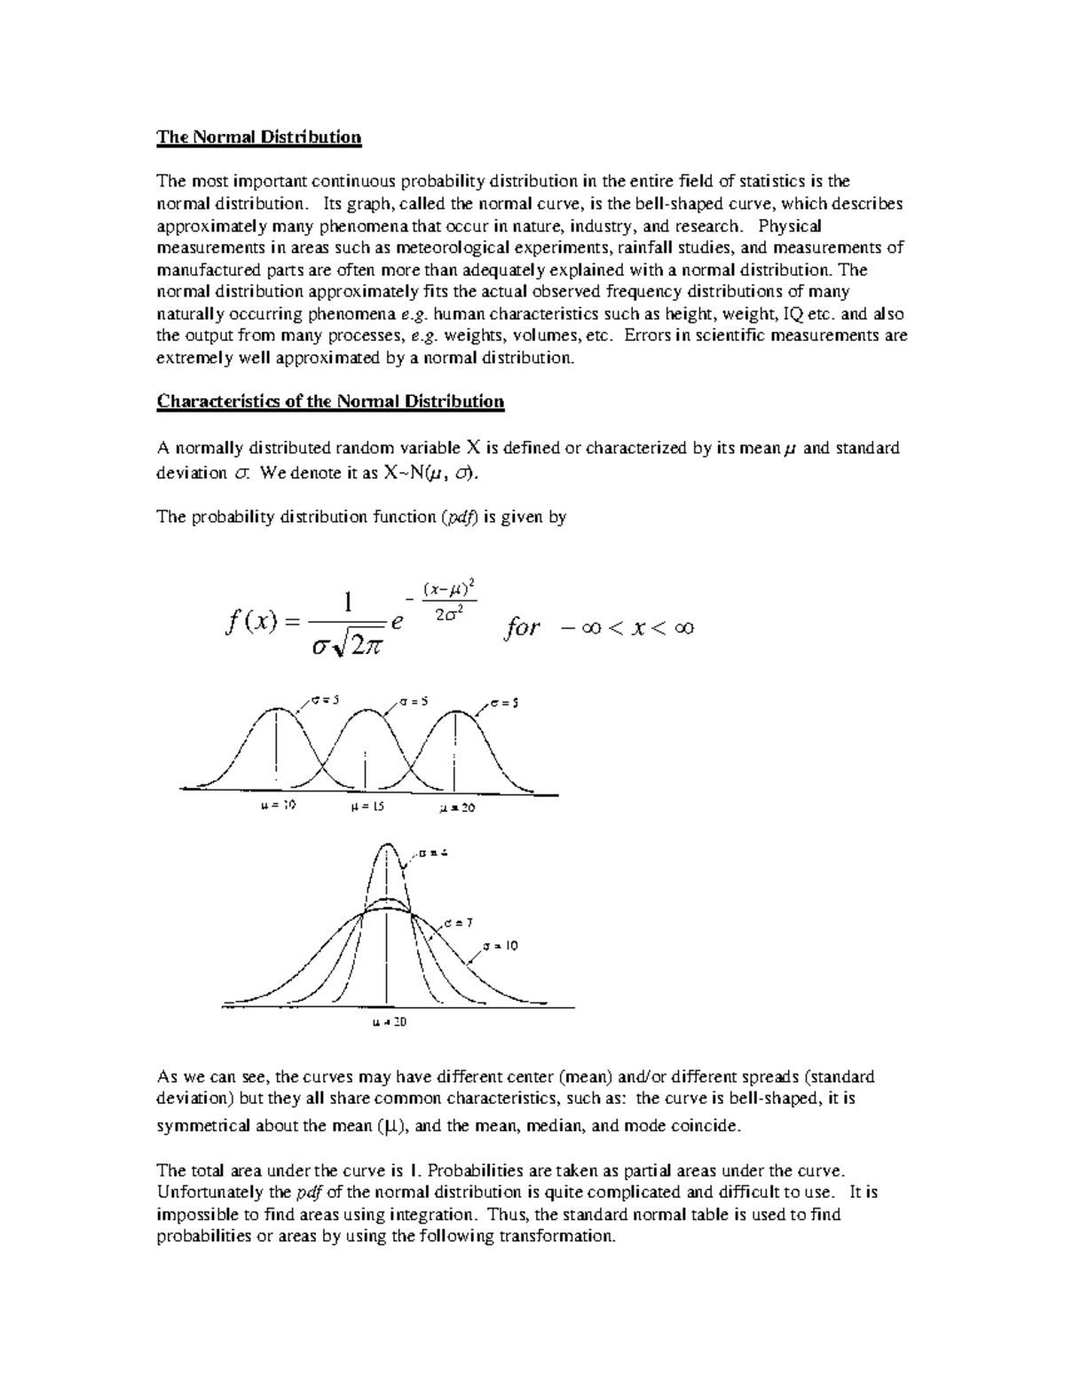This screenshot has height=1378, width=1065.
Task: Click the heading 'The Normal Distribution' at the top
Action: (x=259, y=137)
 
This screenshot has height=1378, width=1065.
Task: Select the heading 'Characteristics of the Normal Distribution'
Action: (x=330, y=401)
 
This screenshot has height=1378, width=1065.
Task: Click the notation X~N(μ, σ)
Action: (x=434, y=473)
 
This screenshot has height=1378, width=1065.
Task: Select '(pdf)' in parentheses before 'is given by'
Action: (x=460, y=517)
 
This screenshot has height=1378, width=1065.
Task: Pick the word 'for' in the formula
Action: (x=521, y=628)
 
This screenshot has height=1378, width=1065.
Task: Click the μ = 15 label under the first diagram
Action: (x=367, y=807)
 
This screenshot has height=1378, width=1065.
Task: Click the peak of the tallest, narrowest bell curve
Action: (x=388, y=845)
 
